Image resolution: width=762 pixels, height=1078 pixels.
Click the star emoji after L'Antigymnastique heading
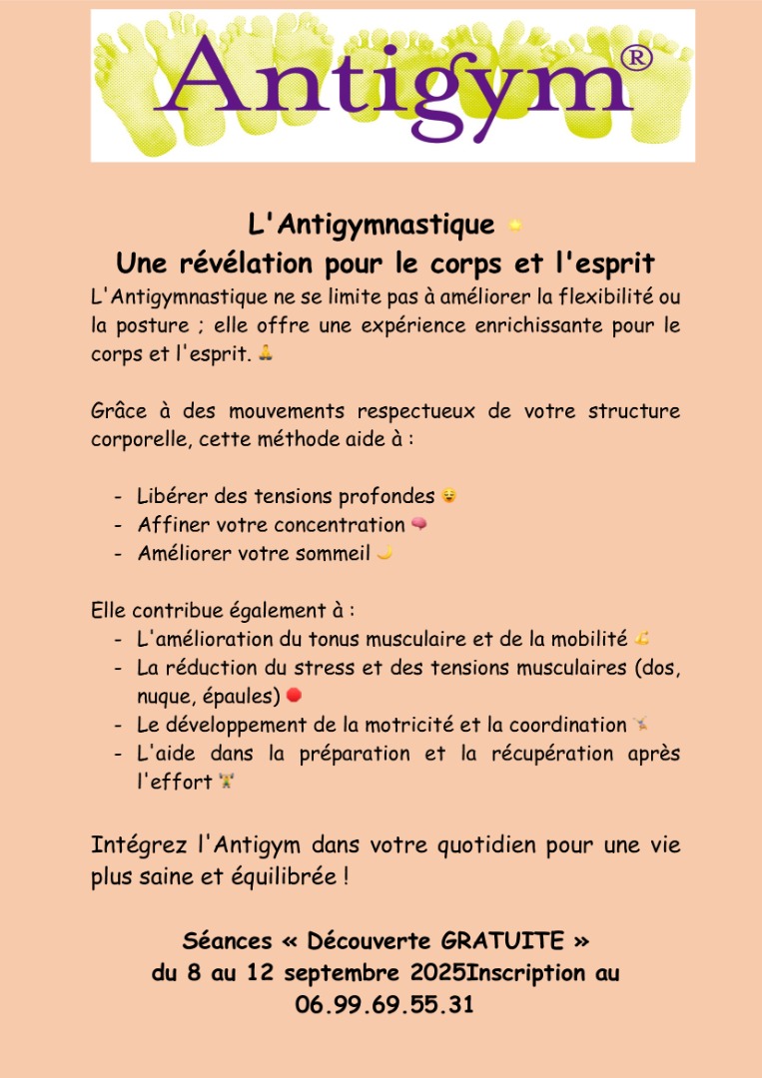pos(515,226)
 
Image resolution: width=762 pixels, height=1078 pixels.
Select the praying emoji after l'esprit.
pos(265,352)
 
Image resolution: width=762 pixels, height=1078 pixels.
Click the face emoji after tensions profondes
pos(448,495)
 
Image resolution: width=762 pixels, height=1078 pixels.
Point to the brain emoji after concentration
pos(418,524)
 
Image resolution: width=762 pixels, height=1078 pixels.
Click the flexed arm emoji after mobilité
pos(642,638)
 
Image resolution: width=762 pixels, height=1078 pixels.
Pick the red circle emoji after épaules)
pos(294,695)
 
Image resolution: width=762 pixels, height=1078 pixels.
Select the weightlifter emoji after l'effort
pos(227,782)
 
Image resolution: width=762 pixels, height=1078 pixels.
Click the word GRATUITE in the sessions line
pos(502,940)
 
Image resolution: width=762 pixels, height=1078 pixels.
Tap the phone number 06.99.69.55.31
pos(384,1004)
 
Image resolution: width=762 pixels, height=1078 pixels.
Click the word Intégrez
pos(140,845)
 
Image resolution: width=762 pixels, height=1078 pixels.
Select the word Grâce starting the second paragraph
pos(118,411)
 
